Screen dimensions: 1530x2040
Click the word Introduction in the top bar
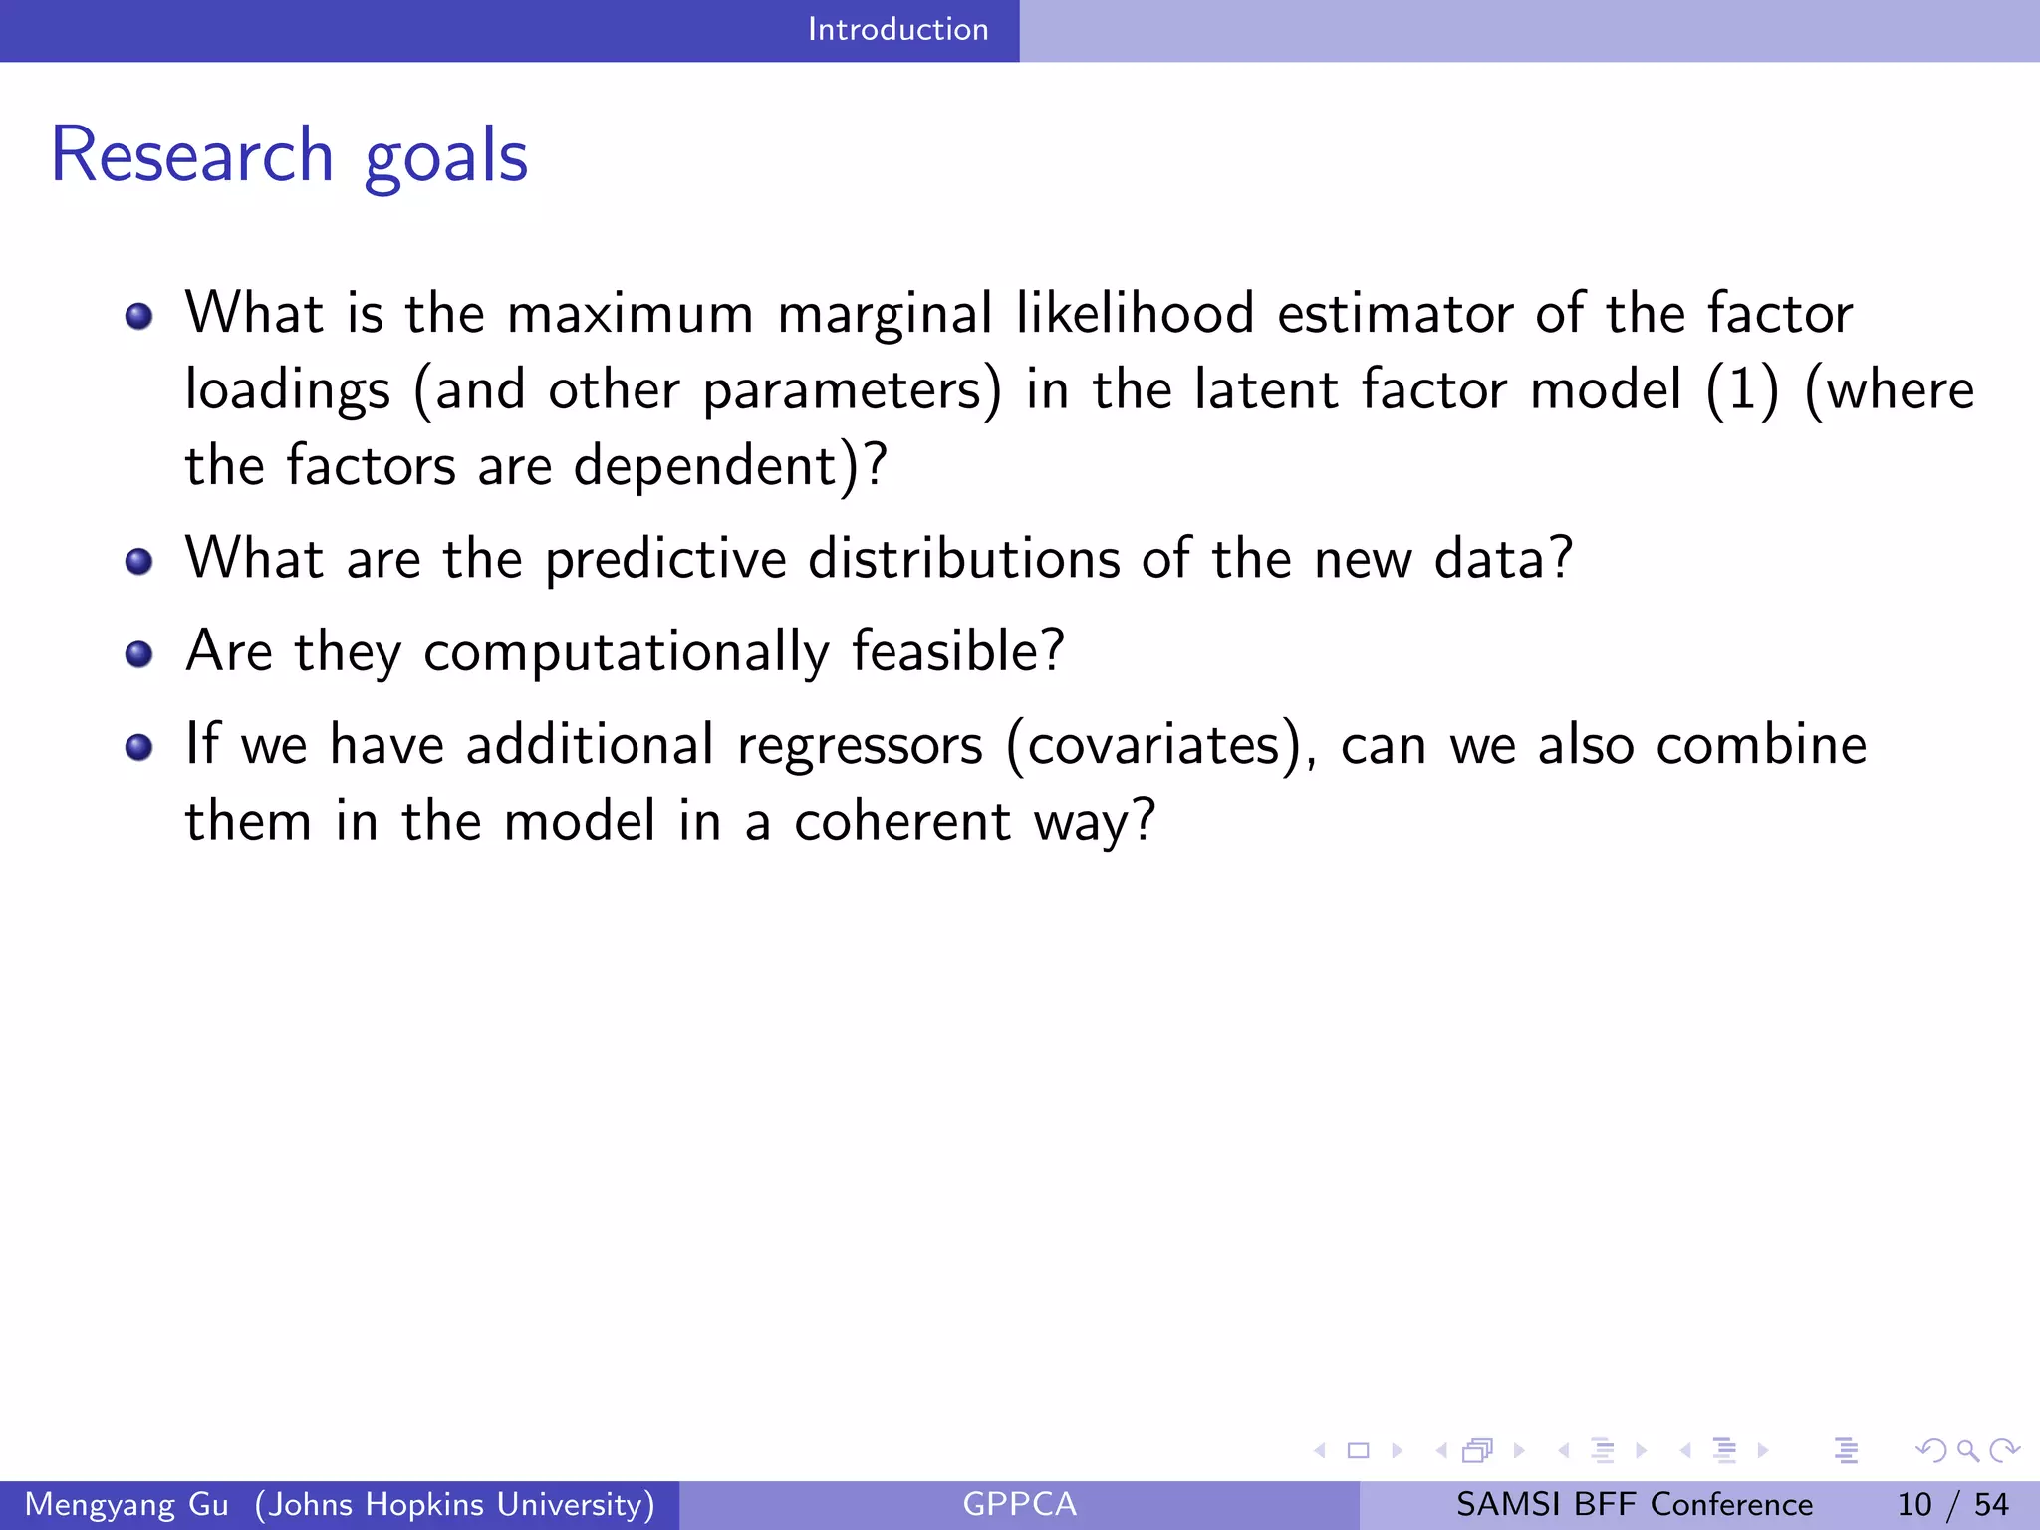(897, 29)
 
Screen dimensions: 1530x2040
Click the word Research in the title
(191, 156)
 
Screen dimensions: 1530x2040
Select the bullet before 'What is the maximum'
(138, 317)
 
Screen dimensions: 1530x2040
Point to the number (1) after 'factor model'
(1741, 389)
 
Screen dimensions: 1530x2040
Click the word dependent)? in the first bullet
(729, 466)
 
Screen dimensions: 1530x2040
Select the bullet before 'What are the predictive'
(138, 562)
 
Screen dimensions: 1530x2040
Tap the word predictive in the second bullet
(665, 559)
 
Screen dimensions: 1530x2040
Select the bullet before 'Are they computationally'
(138, 654)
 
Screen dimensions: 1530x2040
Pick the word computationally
(626, 652)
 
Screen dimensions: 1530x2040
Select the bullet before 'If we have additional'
(138, 747)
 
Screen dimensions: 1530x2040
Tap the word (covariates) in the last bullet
(1159, 745)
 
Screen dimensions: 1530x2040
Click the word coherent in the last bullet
(902, 822)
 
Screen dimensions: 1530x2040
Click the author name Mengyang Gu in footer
(127, 1504)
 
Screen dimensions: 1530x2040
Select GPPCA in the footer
(1019, 1504)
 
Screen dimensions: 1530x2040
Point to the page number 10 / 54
(1952, 1504)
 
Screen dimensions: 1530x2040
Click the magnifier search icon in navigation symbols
(1967, 1450)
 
